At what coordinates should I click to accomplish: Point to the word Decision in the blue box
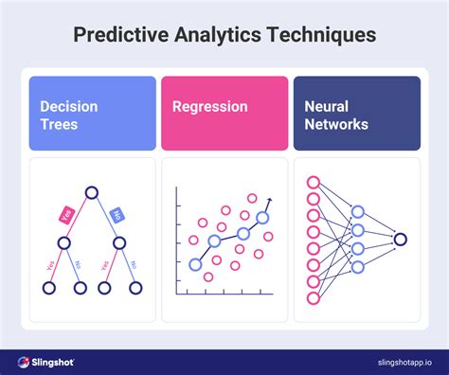click(x=68, y=106)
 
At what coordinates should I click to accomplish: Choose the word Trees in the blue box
click(x=59, y=124)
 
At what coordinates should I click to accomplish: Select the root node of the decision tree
click(x=92, y=194)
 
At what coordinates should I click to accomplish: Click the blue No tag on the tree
click(x=117, y=214)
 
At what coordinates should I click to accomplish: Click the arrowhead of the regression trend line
click(x=269, y=200)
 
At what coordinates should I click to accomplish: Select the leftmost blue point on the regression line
click(x=196, y=264)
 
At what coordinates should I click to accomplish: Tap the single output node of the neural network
click(x=401, y=240)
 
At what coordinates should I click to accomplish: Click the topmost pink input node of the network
click(x=314, y=182)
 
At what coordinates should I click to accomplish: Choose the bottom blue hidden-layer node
click(x=358, y=267)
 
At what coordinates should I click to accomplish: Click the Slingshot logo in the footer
click(x=46, y=362)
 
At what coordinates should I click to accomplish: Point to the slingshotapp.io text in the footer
click(x=388, y=362)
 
